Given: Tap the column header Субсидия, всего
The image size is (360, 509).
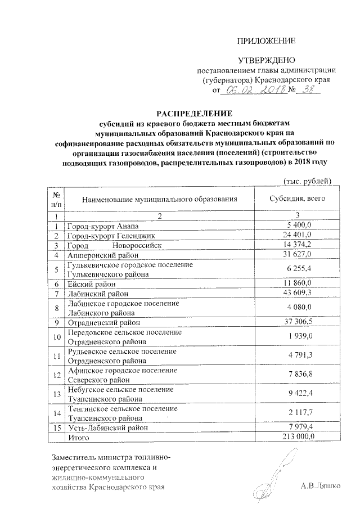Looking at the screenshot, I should pos(297,199).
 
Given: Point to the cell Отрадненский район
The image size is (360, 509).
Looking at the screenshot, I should pos(103,323).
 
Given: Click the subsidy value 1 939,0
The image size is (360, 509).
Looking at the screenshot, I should pos(302,337).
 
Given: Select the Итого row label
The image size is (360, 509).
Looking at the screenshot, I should pos(78,436).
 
